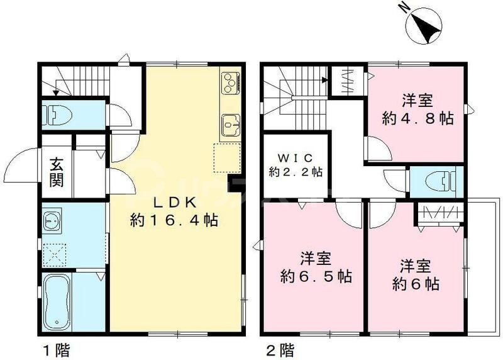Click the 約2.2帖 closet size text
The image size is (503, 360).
[x=295, y=171]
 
